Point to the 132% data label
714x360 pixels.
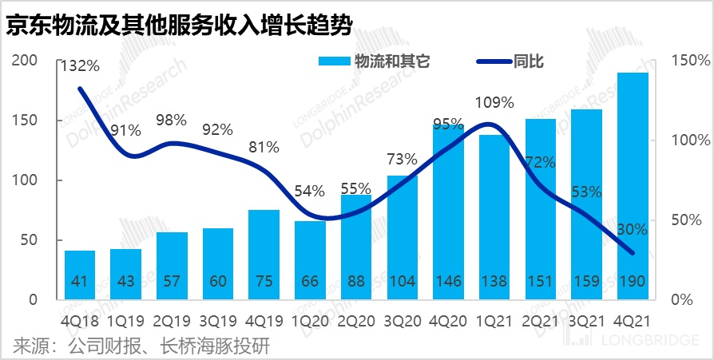click(x=79, y=66)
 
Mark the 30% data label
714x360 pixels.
click(x=632, y=229)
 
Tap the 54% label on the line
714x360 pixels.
click(x=309, y=191)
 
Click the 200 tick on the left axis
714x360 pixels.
click(x=26, y=61)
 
